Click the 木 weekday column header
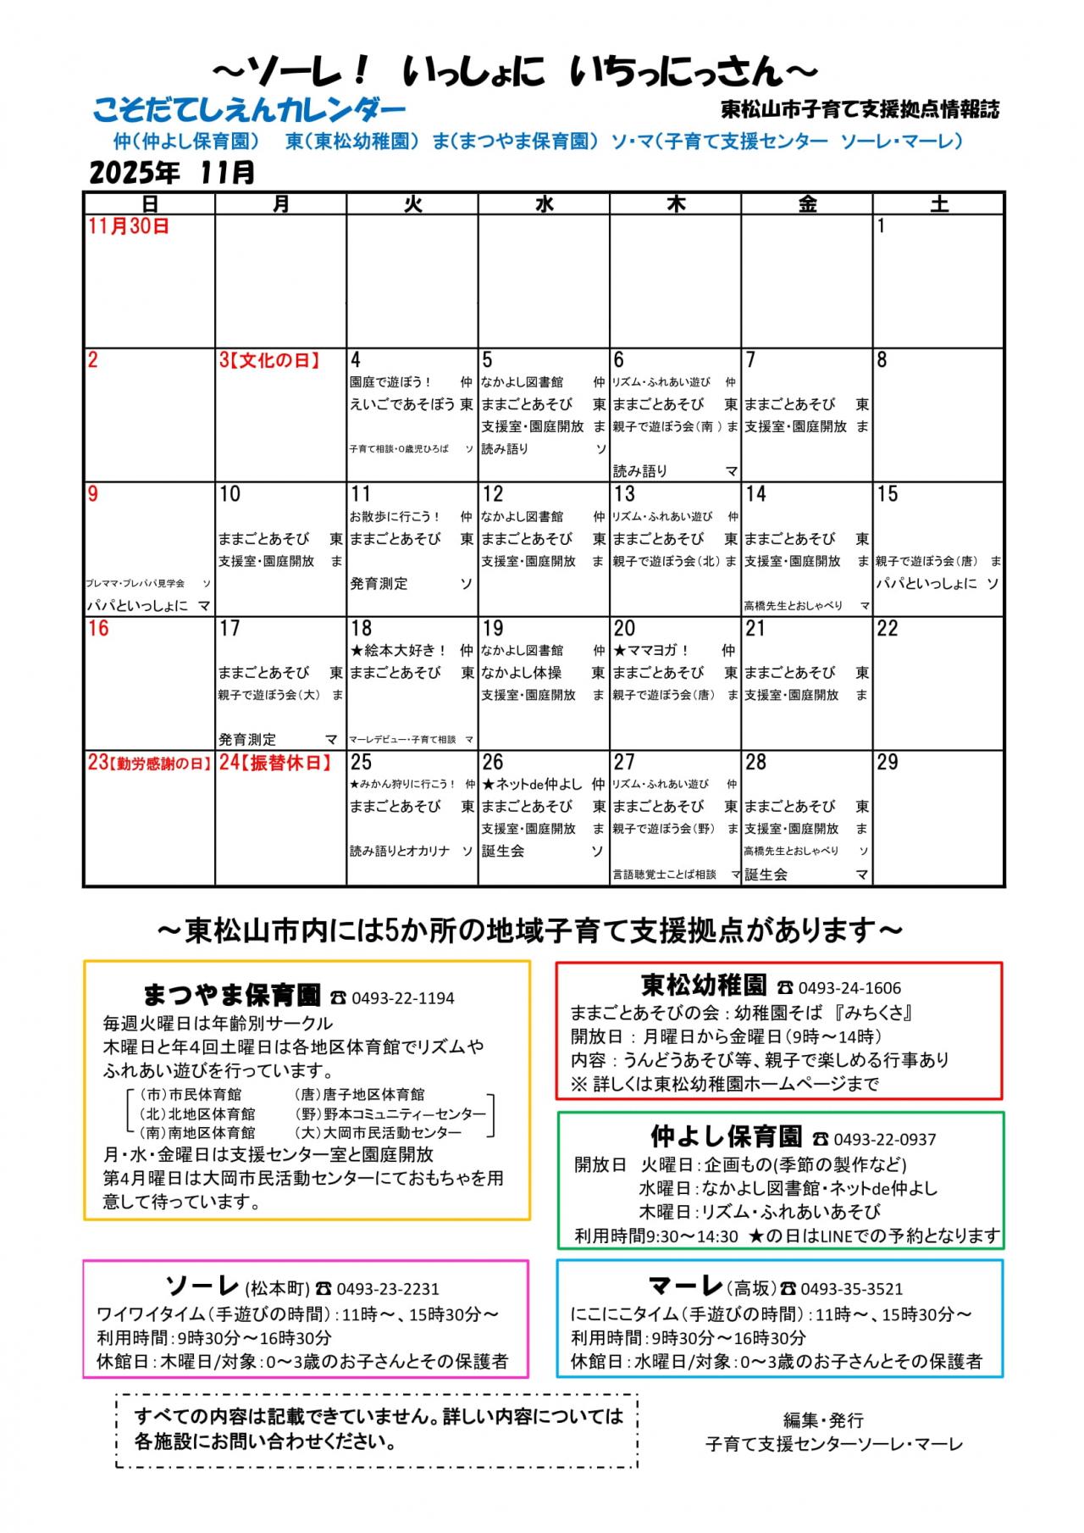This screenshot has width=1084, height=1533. (x=675, y=203)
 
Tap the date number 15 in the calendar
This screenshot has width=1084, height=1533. (x=888, y=494)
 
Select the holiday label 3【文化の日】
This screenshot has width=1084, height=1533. (x=270, y=360)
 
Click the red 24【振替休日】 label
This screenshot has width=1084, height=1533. (x=275, y=763)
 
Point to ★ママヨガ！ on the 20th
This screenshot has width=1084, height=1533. (x=651, y=651)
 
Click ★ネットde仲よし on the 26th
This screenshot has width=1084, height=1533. (x=532, y=785)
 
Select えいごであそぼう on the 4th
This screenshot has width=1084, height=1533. (x=402, y=405)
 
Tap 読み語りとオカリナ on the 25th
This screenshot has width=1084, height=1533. (x=400, y=851)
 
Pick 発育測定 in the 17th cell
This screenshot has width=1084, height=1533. (x=247, y=740)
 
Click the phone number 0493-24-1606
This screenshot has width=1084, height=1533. (x=849, y=988)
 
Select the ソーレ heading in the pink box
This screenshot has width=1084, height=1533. (x=202, y=1286)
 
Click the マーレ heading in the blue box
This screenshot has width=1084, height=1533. (x=684, y=1286)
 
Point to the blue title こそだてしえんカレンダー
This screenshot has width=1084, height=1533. (x=250, y=110)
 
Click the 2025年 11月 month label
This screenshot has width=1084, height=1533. (x=172, y=172)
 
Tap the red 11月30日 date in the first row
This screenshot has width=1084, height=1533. (x=129, y=226)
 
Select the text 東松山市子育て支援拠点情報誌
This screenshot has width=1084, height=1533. (x=860, y=109)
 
